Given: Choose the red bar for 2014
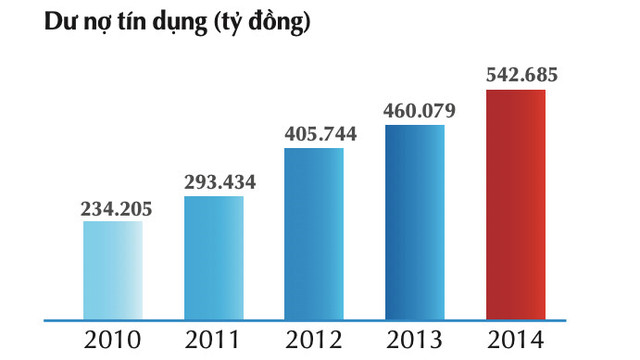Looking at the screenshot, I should tap(516, 205).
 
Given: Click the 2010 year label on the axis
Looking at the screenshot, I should tap(113, 340).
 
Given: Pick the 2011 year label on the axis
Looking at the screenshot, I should tap(213, 340).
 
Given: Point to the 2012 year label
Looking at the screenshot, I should tap(314, 340).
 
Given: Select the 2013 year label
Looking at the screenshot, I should tap(415, 340).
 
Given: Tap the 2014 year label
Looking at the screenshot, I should tap(516, 340).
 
